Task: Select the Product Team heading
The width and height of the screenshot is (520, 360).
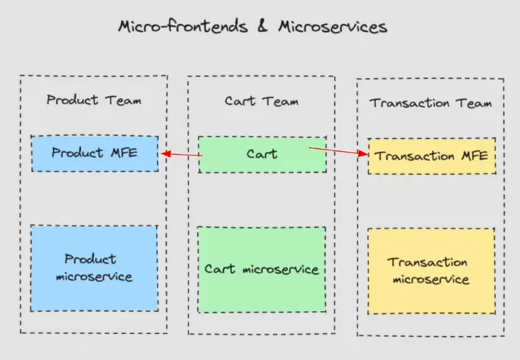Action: point(94,100)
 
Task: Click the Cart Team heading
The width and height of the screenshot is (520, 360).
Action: point(261,101)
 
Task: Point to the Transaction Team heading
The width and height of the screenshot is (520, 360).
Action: point(430,103)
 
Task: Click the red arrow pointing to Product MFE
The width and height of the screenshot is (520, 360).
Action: point(181,154)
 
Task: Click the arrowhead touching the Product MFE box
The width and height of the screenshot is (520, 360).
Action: point(164,153)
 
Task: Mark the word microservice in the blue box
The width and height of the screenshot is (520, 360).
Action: point(94,276)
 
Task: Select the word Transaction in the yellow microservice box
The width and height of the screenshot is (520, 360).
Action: point(428,262)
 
